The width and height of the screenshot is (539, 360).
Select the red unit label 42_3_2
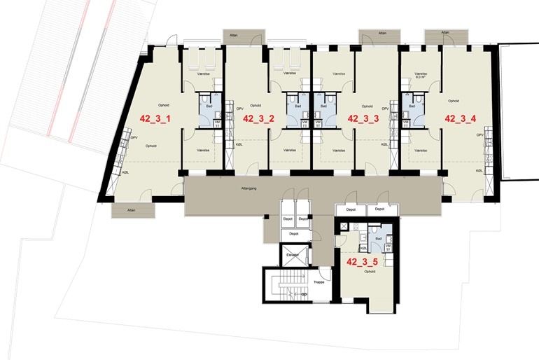[258, 118]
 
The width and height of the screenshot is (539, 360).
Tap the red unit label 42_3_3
[363, 118]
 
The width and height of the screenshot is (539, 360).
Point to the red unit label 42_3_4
[461, 118]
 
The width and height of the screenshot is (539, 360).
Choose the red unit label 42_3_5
[363, 263]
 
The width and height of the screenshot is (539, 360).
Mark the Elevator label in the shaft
[292, 254]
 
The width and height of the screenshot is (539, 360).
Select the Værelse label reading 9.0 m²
[421, 75]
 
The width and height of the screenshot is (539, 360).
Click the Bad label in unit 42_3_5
[379, 238]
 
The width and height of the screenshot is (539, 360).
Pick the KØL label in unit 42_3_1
[127, 172]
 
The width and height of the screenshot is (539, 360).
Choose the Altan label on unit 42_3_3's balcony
[381, 33]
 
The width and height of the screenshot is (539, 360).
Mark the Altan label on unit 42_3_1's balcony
[131, 209]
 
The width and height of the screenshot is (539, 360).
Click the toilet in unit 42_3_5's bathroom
[375, 229]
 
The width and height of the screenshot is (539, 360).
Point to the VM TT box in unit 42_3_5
[387, 247]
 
